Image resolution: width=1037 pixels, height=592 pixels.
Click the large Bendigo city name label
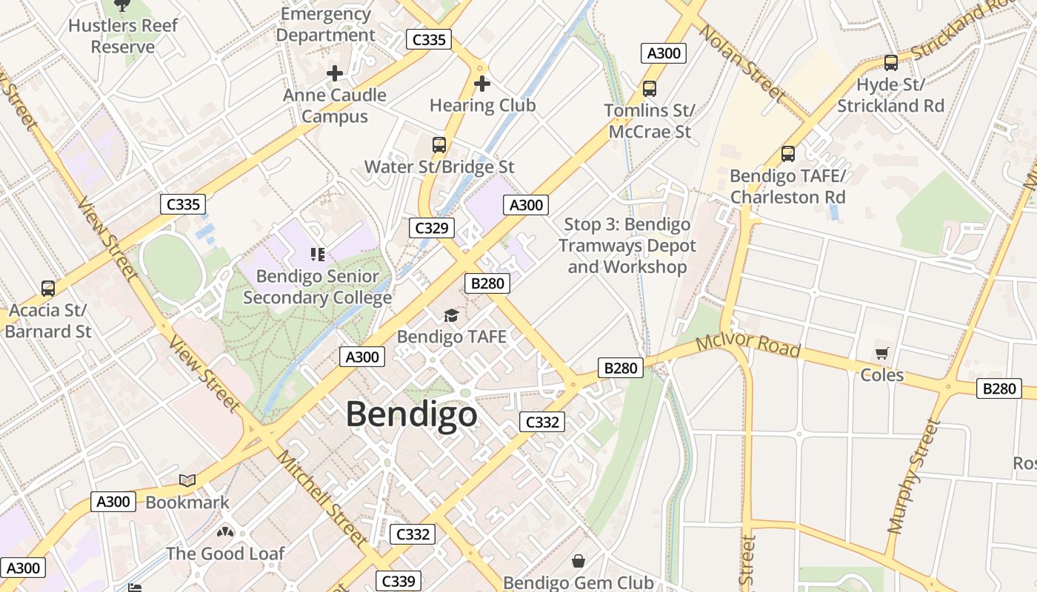pyautogui.click(x=411, y=414)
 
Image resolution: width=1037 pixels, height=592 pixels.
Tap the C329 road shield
pyautogui.click(x=431, y=228)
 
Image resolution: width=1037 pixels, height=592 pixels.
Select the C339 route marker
pyautogui.click(x=398, y=581)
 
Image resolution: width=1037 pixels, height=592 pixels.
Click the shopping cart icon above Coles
pyautogui.click(x=881, y=353)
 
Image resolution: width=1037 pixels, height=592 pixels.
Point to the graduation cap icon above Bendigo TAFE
pyautogui.click(x=451, y=316)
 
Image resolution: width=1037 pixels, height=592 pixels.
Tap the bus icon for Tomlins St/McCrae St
pyautogui.click(x=650, y=89)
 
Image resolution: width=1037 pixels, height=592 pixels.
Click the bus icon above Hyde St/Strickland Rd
pyautogui.click(x=891, y=63)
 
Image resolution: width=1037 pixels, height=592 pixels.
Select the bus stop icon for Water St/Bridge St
pyautogui.click(x=439, y=145)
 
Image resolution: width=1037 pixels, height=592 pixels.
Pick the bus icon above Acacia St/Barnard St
pyautogui.click(x=48, y=288)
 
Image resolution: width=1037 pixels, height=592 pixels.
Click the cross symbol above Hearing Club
pyautogui.click(x=482, y=84)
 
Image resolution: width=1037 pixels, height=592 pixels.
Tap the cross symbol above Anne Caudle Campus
pyautogui.click(x=335, y=73)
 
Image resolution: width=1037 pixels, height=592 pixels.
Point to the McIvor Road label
pyautogui.click(x=748, y=346)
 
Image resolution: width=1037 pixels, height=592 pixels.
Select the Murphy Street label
pyautogui.click(x=914, y=477)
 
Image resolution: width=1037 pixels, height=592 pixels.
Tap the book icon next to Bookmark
pyautogui.click(x=187, y=481)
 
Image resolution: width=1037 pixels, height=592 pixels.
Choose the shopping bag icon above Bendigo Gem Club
pyautogui.click(x=578, y=562)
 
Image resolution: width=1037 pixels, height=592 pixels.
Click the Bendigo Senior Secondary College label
pyautogui.click(x=317, y=287)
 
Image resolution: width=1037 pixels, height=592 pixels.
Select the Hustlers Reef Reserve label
pyautogui.click(x=123, y=36)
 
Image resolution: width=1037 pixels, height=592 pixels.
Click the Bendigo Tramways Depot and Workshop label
pyautogui.click(x=627, y=246)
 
